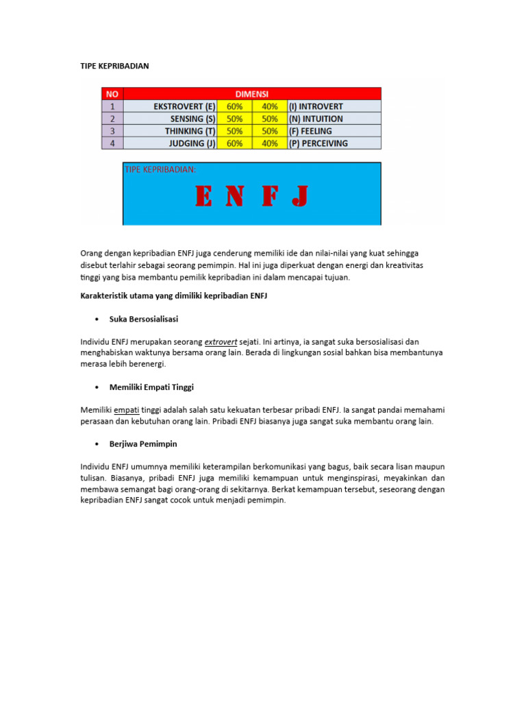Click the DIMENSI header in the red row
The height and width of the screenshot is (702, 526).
[252, 94]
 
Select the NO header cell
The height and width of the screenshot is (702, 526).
[112, 94]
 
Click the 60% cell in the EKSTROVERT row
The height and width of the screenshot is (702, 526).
[234, 106]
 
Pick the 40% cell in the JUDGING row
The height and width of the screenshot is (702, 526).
[270, 143]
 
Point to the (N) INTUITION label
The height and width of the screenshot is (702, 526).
[316, 119]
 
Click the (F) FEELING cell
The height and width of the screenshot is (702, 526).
[310, 131]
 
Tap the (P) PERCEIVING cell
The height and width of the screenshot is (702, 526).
[318, 143]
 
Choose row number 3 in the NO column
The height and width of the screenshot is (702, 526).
[112, 131]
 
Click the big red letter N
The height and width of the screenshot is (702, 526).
[235, 197]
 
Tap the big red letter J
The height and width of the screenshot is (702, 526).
[299, 197]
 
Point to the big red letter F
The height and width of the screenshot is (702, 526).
[268, 197]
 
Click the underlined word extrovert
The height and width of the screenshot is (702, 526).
[221, 341]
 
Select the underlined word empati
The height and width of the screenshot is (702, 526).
[127, 410]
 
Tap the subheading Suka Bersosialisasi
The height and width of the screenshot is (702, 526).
[144, 319]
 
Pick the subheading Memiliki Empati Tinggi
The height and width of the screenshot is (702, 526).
[151, 387]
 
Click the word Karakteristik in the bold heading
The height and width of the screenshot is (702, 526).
[105, 295]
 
